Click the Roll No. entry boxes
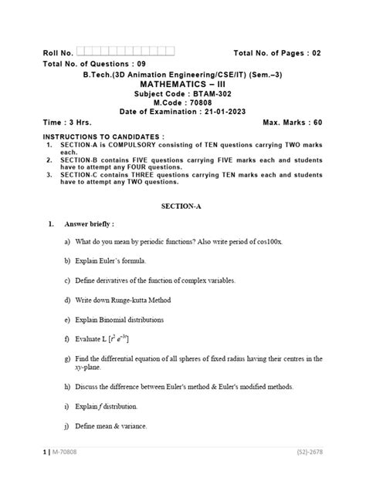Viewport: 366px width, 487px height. pos(125,52)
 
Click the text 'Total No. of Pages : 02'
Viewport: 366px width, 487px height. pos(277,52)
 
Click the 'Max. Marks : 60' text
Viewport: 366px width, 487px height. pos(293,123)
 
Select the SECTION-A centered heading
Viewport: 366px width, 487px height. pos(182,207)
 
